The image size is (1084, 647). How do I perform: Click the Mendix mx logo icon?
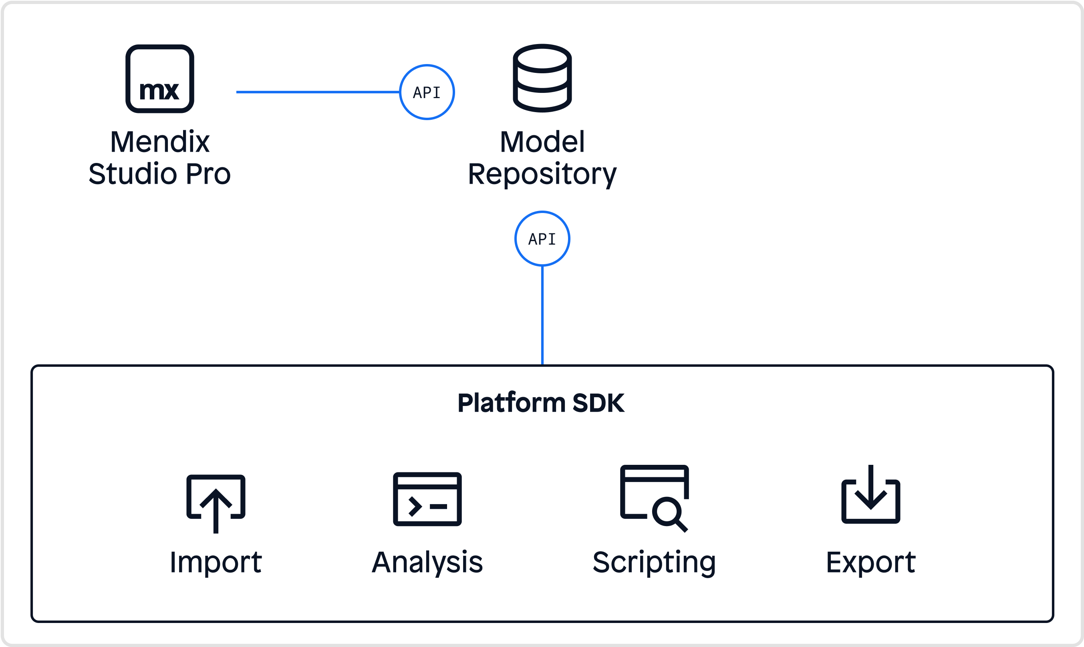pos(160,79)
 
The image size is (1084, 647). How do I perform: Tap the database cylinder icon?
pos(542,78)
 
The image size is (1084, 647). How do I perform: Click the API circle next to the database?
pos(427,92)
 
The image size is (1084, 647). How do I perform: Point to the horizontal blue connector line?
pos(318,92)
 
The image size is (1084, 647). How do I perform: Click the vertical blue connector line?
pos(542,315)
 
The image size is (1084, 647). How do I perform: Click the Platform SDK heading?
pos(541,403)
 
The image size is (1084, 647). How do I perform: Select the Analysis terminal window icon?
pos(427,499)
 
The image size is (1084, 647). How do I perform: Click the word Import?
pos(216,563)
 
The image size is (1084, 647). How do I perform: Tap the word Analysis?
pos(427,563)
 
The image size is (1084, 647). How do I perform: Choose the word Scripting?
pos(654,563)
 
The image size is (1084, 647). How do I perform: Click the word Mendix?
pos(160,142)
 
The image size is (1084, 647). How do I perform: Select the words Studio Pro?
pos(160,174)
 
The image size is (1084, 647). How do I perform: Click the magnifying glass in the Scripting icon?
pos(668,513)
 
